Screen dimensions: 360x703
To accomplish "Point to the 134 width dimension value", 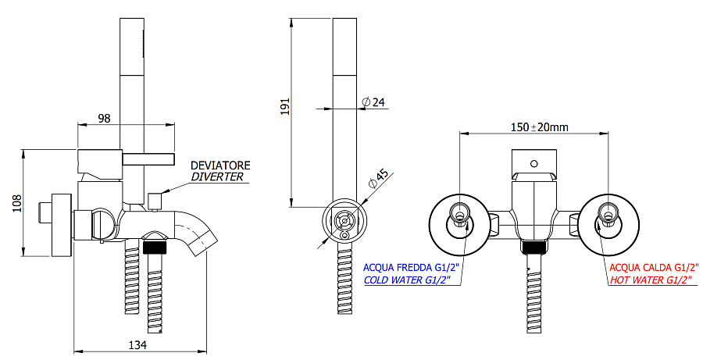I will click(137, 344).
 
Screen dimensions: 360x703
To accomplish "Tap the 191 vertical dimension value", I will click(284, 108).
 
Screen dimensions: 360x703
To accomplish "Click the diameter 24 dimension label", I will click(373, 102).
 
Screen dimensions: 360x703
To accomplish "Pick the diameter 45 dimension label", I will click(377, 179).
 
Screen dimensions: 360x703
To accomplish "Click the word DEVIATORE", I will click(220, 166).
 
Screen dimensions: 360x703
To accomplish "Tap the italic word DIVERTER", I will click(217, 177).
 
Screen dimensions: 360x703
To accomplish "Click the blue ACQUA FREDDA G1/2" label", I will click(412, 267).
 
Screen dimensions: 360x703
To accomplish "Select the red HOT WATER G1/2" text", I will click(652, 280).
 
